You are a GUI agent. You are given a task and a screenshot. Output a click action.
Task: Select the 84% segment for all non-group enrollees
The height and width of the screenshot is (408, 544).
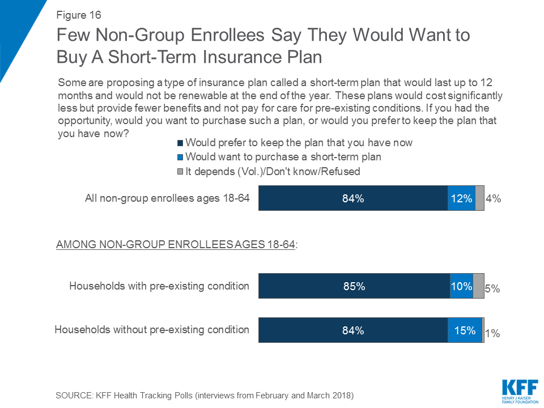point(353,198)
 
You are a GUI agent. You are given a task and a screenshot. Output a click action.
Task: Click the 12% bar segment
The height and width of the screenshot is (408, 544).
point(461,198)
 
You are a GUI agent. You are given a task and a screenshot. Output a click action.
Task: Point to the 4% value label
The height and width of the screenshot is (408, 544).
point(494,199)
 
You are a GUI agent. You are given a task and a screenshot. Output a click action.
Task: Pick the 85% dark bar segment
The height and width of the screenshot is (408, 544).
point(354,286)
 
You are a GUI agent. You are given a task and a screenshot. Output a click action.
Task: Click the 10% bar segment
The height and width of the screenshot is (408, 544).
point(461,286)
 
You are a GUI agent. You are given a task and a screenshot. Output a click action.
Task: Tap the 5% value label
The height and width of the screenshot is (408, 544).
point(492,288)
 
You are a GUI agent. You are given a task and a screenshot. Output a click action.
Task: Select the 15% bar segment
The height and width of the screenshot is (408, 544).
point(465,330)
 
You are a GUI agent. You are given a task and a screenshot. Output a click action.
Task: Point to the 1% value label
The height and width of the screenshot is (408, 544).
point(492,334)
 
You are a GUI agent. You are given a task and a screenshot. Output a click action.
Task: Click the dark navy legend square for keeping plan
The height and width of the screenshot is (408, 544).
point(181,143)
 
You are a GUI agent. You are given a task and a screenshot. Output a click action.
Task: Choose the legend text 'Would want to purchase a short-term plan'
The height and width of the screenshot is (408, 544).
point(283,157)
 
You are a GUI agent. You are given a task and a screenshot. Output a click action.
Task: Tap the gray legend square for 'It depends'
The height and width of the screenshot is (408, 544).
point(181,171)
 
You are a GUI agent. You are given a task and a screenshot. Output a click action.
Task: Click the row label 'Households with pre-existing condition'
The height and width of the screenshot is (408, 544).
point(159,286)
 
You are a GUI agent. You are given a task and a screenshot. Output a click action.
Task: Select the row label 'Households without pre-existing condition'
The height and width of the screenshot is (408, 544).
point(151,329)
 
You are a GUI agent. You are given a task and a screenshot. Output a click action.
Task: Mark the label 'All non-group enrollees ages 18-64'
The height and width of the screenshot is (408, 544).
point(167,198)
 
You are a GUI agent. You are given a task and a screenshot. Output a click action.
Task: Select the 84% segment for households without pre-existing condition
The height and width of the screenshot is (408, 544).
point(353,330)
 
